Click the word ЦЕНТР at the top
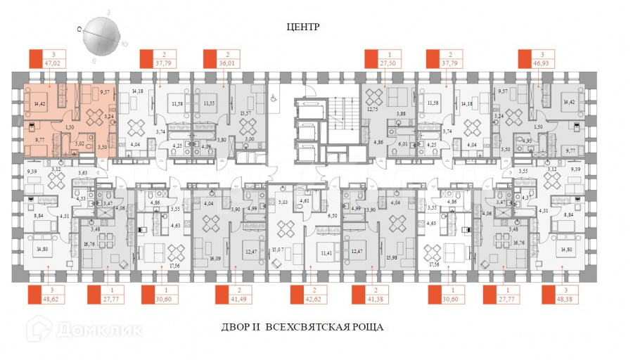pyautogui.click(x=303, y=27)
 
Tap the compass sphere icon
pyautogui.click(x=102, y=39)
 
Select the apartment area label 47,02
pyautogui.click(x=52, y=62)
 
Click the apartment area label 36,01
pyautogui.click(x=225, y=62)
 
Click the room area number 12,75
pyautogui.click(x=373, y=109)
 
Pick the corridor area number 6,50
pyautogui.click(x=333, y=217)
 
